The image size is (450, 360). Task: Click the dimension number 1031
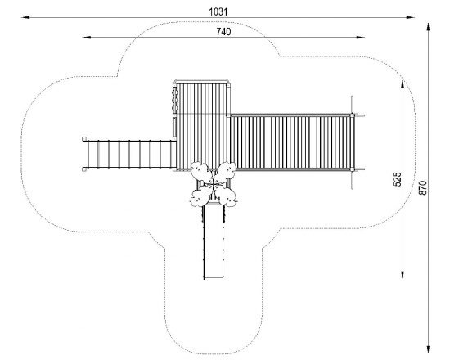pyautogui.click(x=218, y=12)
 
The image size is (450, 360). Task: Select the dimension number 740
pyautogui.click(x=223, y=32)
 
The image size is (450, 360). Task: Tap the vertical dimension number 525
pyautogui.click(x=397, y=179)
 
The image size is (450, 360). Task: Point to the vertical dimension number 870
pyautogui.click(x=422, y=188)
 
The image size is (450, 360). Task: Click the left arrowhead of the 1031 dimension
pyautogui.click(x=25, y=17)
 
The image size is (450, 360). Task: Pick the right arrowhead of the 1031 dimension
pyautogui.click(x=411, y=17)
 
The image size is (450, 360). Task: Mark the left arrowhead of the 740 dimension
pyautogui.click(x=87, y=38)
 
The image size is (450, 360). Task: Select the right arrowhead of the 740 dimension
pyautogui.click(x=361, y=38)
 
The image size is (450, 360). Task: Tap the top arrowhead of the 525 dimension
pyautogui.click(x=403, y=84)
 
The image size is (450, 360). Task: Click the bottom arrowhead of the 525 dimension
pyautogui.click(x=403, y=274)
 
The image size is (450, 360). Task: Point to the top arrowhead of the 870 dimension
pyautogui.click(x=428, y=27)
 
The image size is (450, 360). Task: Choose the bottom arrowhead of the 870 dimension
pyautogui.click(x=428, y=349)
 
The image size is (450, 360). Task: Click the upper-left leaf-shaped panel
pyautogui.click(x=201, y=172)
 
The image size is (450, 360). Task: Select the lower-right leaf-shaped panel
pyautogui.click(x=227, y=196)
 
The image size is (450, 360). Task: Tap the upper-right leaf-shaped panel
pyautogui.click(x=226, y=172)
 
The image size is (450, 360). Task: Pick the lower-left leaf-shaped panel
pyautogui.click(x=200, y=196)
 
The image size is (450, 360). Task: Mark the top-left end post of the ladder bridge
pyautogui.click(x=84, y=139)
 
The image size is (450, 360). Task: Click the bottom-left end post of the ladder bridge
pyautogui.click(x=84, y=169)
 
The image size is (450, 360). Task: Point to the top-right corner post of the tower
pyautogui.click(x=229, y=85)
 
